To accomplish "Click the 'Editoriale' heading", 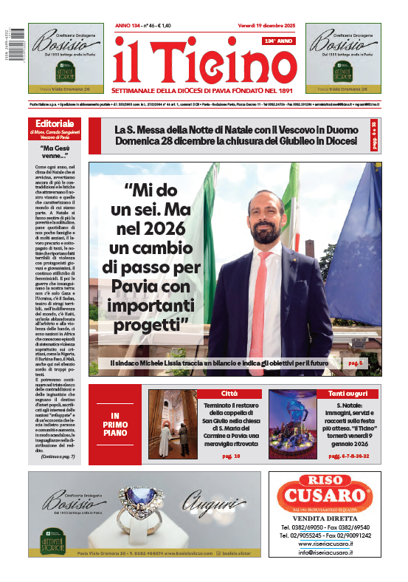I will click(55, 123).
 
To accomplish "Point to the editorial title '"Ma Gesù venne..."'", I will click(55, 156).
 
